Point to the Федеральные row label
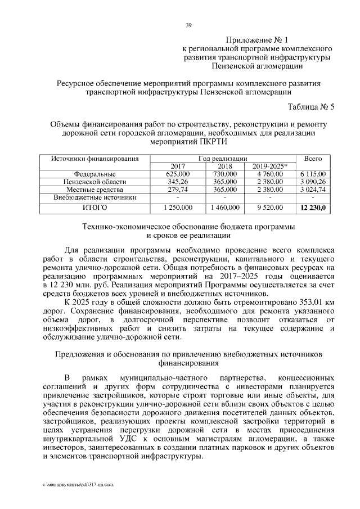pos(95,174)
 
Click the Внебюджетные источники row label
pos(95,198)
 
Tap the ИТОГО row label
pos(95,208)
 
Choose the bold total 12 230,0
pos(313,208)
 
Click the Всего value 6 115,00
pos(313,174)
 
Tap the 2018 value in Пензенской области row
pos(225,182)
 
